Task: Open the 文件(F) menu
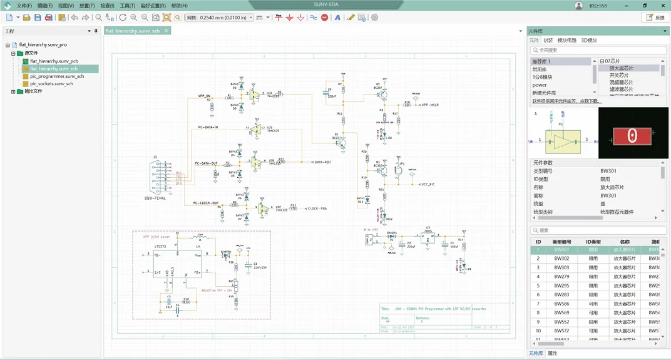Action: point(24,6)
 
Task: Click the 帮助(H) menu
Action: point(179,6)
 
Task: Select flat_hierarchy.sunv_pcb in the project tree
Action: point(54,61)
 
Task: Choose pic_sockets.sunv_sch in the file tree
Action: point(51,84)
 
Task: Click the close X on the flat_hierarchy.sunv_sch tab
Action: point(166,31)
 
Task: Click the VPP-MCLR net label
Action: point(430,105)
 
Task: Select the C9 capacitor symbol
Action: point(330,93)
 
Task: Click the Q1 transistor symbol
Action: point(339,141)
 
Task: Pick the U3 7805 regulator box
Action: point(429,238)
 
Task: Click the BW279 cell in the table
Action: point(561,277)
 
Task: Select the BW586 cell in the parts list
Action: point(561,304)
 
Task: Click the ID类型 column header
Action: point(593,242)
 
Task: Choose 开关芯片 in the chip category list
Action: point(621,75)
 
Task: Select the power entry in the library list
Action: point(540,85)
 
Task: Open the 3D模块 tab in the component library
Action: point(589,40)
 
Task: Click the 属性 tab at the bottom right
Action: point(552,354)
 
